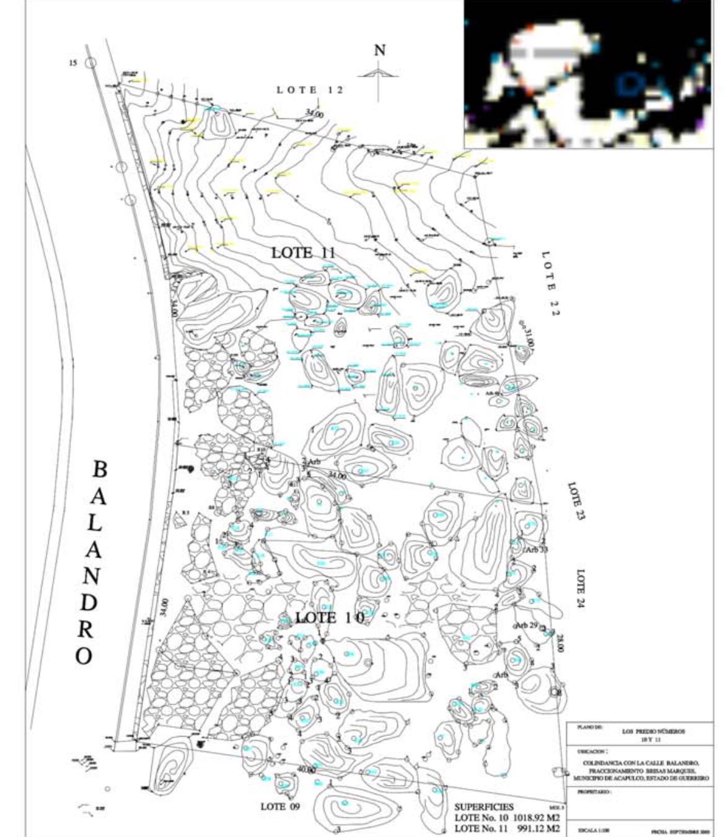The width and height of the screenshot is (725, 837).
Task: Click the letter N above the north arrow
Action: (379, 50)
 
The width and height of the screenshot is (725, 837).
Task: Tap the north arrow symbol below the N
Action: (379, 77)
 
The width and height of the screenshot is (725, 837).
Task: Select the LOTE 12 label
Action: (310, 90)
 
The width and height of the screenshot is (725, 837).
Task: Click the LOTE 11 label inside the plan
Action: (304, 253)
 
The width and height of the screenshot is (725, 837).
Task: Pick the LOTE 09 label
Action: (281, 807)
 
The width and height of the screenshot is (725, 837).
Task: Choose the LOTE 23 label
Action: (576, 500)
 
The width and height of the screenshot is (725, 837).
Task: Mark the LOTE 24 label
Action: (581, 588)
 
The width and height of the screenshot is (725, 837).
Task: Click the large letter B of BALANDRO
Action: (99, 469)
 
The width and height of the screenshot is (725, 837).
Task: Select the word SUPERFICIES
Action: (484, 807)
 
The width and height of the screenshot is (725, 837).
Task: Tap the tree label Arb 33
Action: (537, 549)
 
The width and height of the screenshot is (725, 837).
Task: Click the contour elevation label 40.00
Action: (305, 770)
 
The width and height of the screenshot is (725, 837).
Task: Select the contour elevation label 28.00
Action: (560, 644)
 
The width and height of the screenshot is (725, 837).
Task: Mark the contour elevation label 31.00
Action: (529, 337)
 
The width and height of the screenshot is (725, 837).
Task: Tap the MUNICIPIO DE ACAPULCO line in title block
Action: (641, 777)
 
